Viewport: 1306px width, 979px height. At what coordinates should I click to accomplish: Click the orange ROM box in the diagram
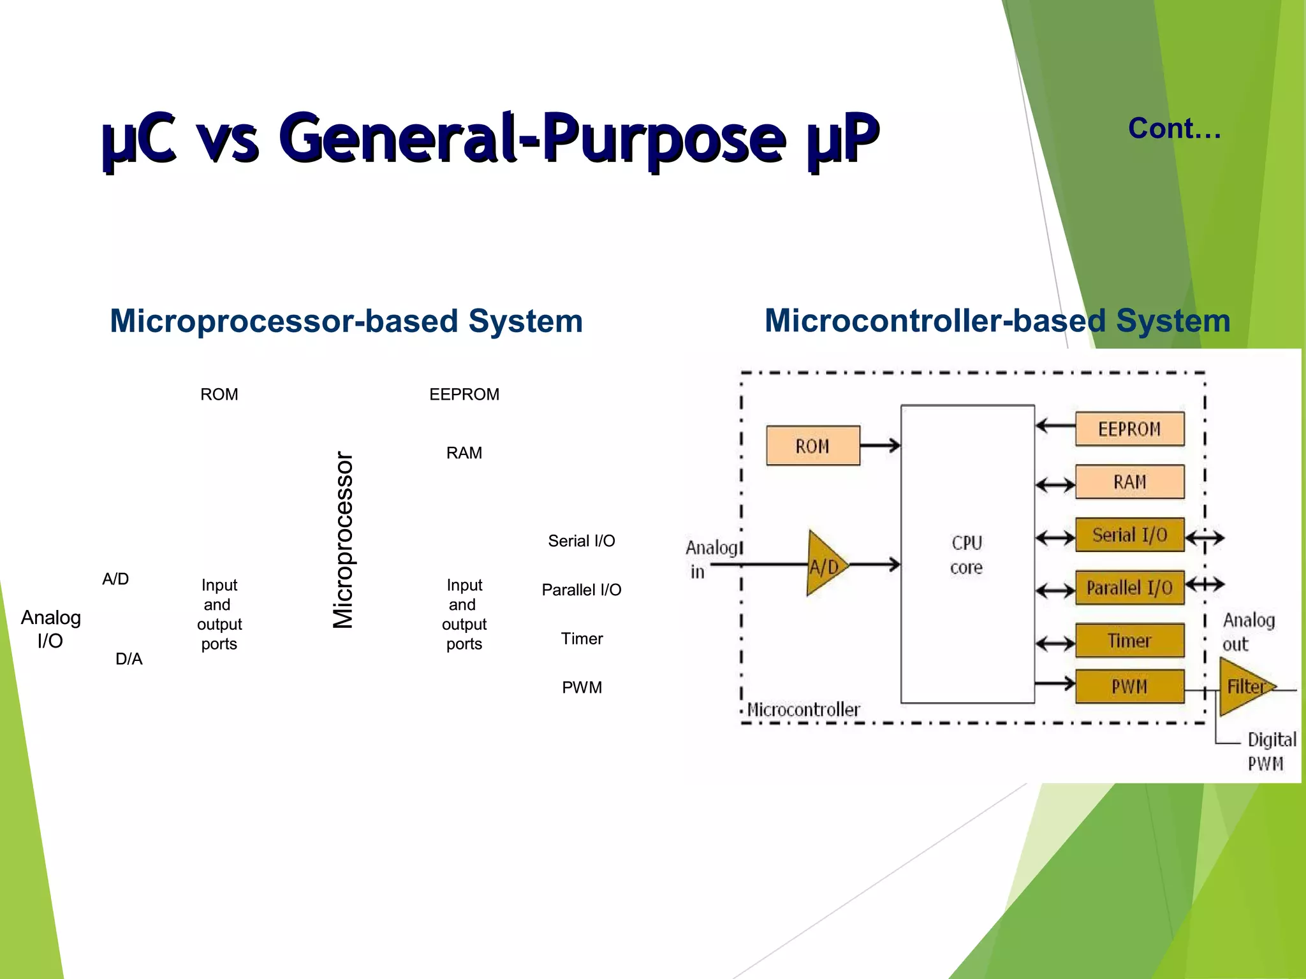812,446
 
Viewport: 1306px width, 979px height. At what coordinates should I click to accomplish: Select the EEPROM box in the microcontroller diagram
1129,429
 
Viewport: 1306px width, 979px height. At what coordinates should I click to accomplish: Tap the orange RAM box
1129,482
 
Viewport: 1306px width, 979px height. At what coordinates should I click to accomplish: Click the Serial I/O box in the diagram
1129,535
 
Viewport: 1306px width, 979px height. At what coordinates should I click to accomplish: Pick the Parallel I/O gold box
1129,588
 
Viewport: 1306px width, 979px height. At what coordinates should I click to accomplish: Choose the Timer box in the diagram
1129,641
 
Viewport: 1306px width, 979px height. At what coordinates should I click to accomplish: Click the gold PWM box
1129,686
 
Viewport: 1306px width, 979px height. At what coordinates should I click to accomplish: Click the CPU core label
967,555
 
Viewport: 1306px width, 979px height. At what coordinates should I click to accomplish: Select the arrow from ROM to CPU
880,446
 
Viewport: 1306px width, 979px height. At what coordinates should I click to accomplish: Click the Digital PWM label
1270,751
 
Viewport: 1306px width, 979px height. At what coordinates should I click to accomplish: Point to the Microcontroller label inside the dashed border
803,709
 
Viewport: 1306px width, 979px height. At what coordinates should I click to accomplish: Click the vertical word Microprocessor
343,540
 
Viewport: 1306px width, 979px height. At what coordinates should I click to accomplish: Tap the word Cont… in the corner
1174,129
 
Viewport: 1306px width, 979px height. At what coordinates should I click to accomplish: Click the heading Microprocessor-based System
346,321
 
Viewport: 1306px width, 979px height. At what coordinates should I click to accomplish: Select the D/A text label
129,659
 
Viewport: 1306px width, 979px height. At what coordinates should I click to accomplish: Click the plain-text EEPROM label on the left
464,395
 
